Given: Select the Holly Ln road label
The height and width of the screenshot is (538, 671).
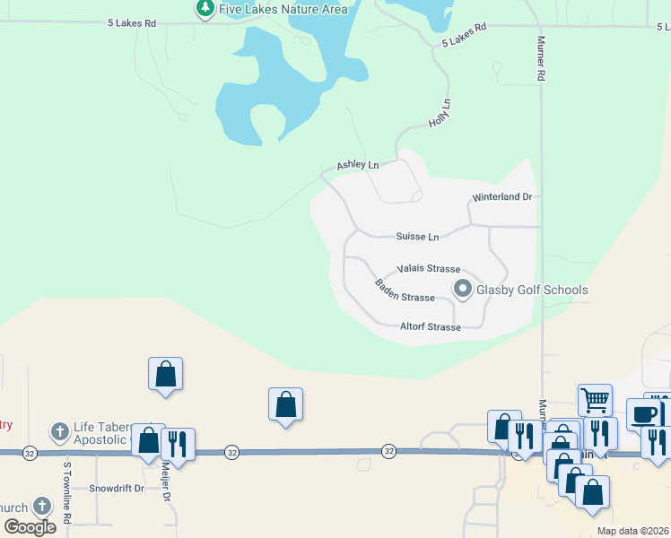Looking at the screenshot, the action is click(439, 113).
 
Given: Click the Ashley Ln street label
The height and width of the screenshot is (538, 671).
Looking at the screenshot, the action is click(358, 165).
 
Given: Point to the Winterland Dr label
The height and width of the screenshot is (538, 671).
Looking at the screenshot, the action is click(502, 197).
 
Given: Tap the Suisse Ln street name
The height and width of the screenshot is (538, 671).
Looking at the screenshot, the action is click(418, 237).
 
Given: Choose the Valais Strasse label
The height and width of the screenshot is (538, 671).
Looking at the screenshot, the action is click(429, 269).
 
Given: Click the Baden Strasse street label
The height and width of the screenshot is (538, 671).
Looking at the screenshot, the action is click(405, 291).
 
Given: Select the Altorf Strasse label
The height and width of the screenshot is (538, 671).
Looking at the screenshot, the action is click(431, 327).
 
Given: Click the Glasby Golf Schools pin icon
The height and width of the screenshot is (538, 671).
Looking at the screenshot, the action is click(463, 289).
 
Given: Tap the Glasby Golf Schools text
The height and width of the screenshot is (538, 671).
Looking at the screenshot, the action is click(532, 290).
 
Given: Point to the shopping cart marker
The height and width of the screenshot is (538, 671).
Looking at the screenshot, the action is click(594, 398).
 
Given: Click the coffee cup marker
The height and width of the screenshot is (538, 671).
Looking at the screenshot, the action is click(644, 414).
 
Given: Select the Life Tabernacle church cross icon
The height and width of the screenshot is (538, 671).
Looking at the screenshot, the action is click(59, 433).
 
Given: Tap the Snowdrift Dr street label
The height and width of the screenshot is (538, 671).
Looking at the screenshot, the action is click(117, 489).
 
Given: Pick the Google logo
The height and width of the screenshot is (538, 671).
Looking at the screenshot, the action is click(30, 527).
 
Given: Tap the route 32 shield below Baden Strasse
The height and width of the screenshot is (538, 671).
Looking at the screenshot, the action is click(388, 450).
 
